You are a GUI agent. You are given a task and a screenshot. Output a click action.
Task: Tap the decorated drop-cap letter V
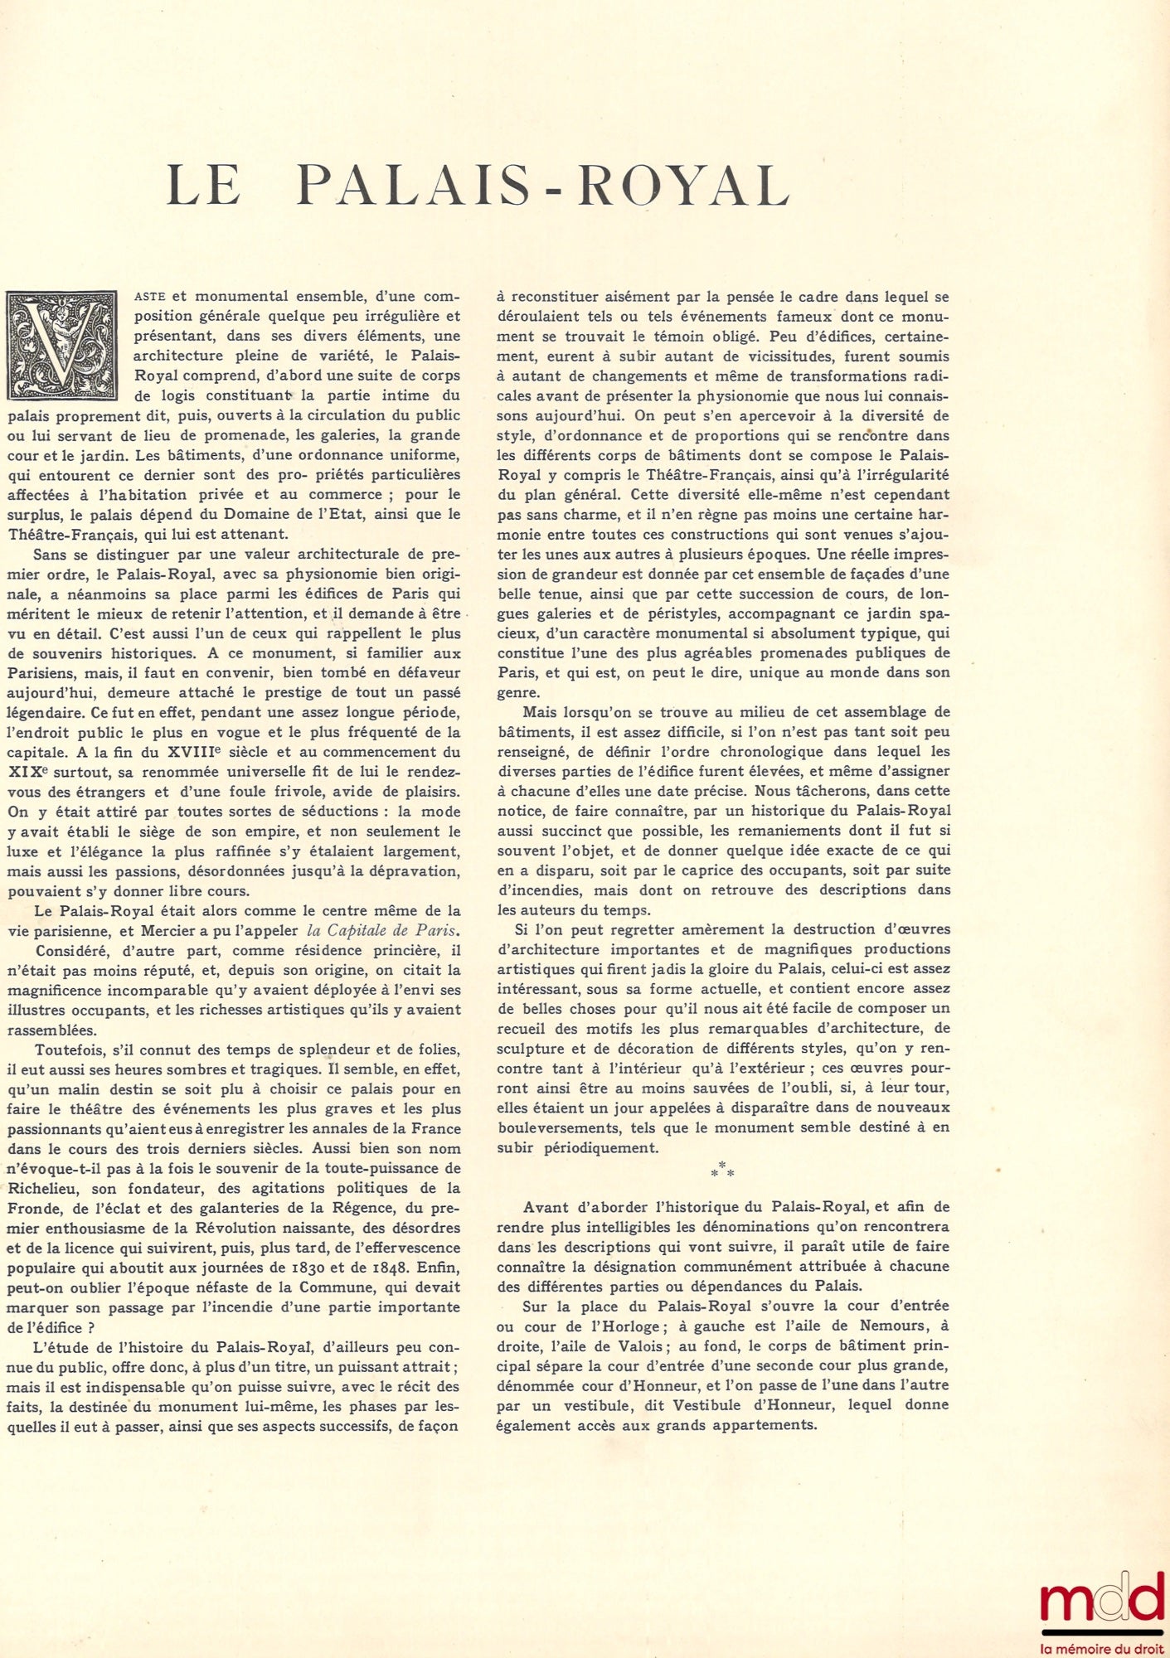click(61, 344)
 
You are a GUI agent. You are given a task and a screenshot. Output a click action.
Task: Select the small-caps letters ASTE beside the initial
click(150, 297)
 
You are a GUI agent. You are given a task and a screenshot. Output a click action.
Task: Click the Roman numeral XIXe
click(27, 772)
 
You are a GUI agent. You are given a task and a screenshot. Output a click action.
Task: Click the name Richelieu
click(41, 1188)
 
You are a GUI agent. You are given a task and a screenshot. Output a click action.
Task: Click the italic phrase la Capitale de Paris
click(382, 930)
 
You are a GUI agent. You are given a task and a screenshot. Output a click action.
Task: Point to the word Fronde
click(33, 1208)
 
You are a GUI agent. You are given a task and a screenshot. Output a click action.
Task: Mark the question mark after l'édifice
click(90, 1327)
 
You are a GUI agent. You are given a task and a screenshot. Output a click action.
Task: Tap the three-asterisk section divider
click(722, 1170)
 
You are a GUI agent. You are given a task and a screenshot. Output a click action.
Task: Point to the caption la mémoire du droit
click(1103, 1649)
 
